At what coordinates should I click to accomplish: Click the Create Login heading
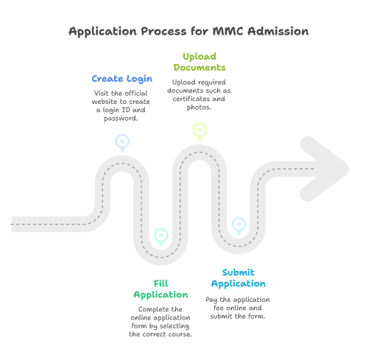pos(121,78)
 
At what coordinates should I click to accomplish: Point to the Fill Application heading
pos(161,289)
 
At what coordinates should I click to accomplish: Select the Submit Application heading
pos(239,278)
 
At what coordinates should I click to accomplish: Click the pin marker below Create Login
pos(121,141)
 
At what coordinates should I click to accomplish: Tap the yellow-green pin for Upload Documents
pos(200,130)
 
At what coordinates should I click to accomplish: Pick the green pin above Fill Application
pos(161,236)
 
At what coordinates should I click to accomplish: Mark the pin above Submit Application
pos(239,224)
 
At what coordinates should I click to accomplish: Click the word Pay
pos(211,300)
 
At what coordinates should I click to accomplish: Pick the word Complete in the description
pos(146,310)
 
